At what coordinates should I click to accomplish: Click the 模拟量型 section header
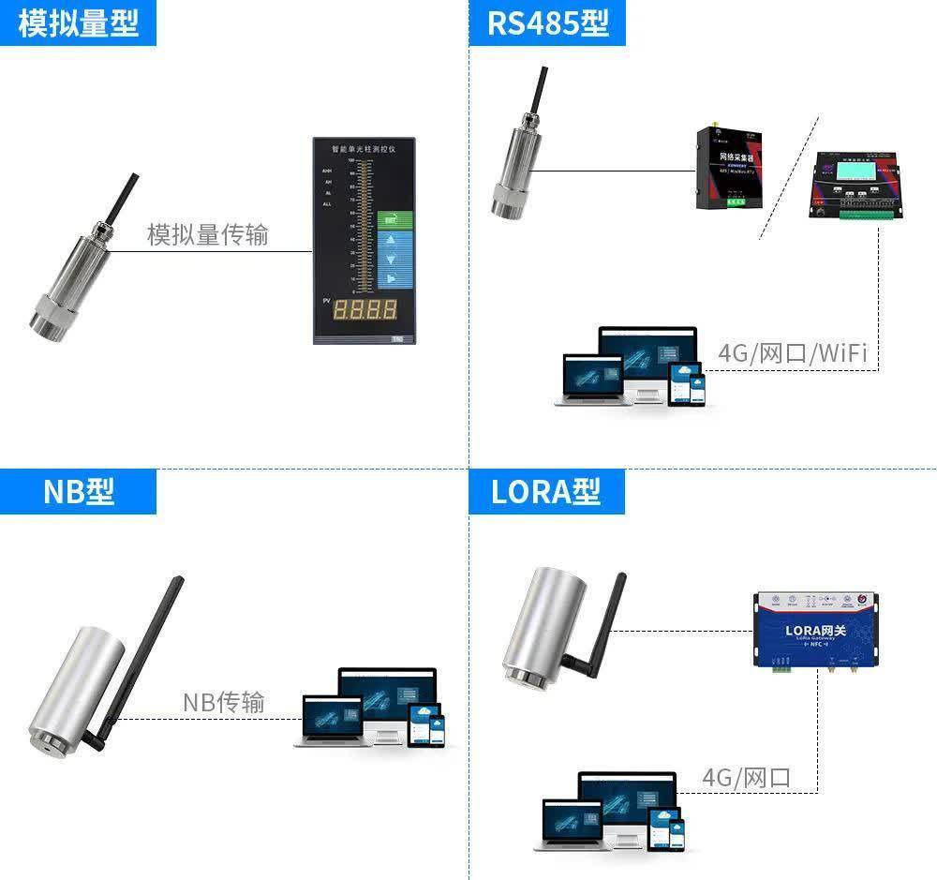78,22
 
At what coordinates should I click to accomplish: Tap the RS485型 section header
547,22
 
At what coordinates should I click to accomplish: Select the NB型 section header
78,491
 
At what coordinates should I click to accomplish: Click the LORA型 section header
546,491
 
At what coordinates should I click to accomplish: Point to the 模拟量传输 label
207,234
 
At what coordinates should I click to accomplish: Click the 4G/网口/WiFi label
792,353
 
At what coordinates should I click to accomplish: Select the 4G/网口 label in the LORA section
746,777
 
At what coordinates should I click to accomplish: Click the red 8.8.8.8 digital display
365,309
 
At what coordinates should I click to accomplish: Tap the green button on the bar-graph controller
394,220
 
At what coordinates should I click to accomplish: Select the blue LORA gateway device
816,630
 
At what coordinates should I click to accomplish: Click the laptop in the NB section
331,721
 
